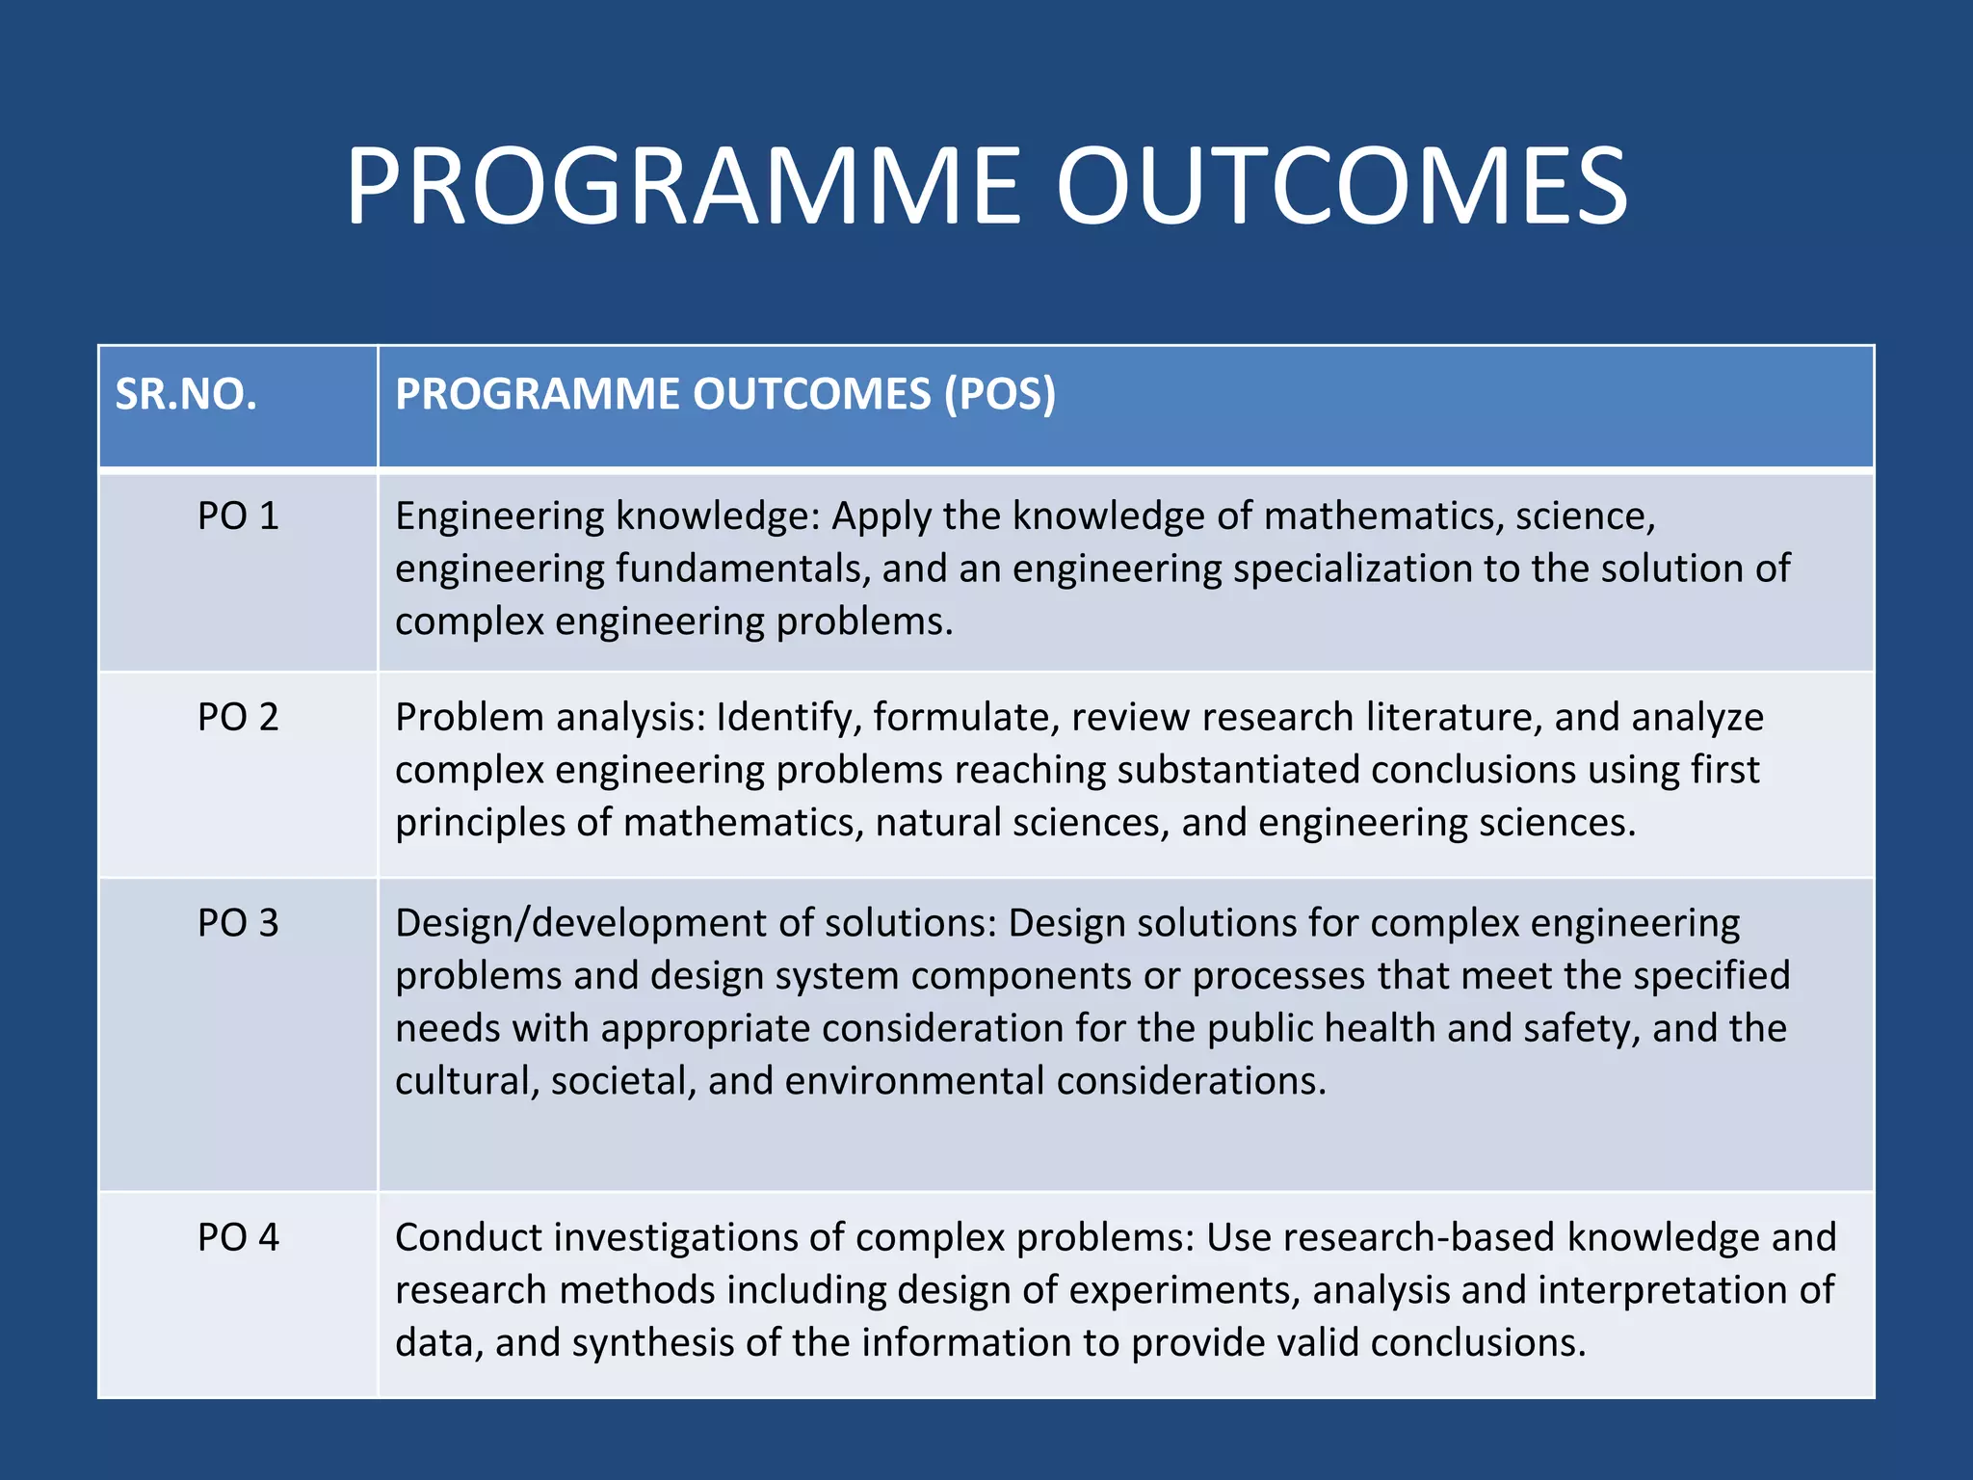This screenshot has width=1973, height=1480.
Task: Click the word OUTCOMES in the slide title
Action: pyautogui.click(x=1341, y=186)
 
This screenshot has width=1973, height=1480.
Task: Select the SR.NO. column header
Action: pyautogui.click(x=186, y=394)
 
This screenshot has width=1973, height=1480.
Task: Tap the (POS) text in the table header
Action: pyautogui.click(x=999, y=394)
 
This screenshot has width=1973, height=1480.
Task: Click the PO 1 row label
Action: pyautogui.click(x=238, y=516)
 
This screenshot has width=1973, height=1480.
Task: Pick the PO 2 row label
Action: pyautogui.click(x=238, y=718)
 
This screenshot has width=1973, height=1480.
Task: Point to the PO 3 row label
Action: pyautogui.click(x=238, y=924)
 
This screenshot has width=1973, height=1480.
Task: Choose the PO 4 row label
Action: pyautogui.click(x=238, y=1238)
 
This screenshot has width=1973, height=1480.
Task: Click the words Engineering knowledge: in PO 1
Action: pyautogui.click(x=607, y=517)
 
